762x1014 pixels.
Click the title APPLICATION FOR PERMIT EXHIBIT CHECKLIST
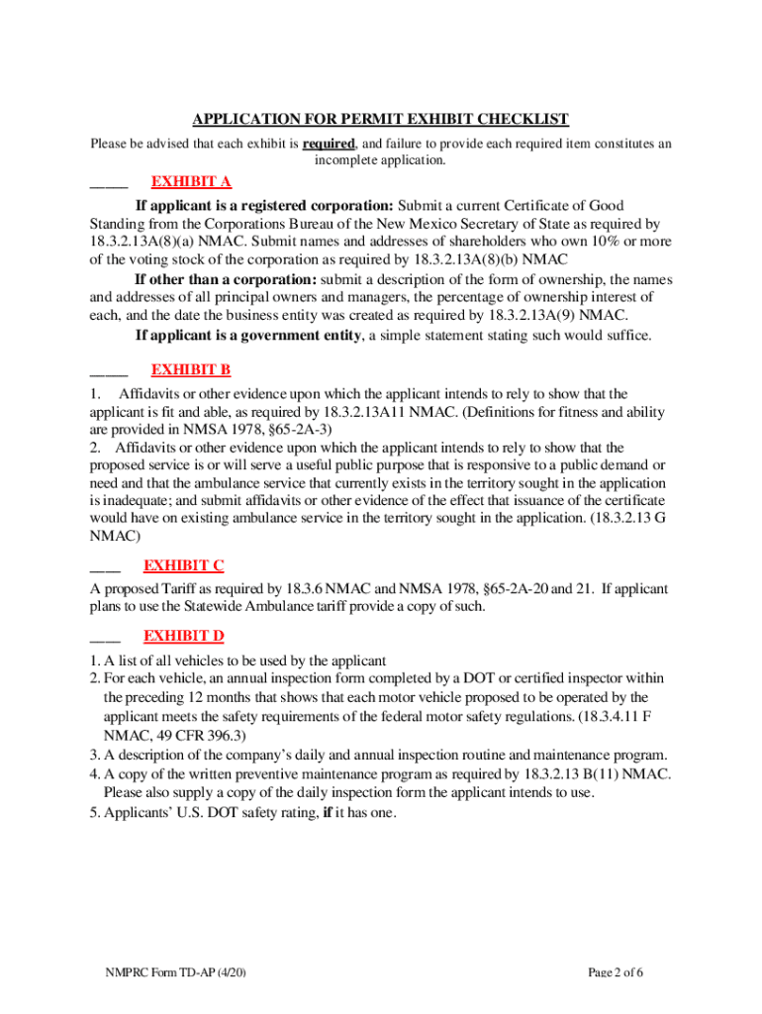[380, 120]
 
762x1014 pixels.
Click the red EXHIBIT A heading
[191, 181]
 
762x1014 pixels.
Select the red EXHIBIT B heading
[191, 369]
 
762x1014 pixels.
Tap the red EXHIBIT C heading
[183, 565]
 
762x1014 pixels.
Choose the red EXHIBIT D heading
[184, 635]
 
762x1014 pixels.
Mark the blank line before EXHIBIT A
[109, 185]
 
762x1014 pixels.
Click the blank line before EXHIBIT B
[109, 373]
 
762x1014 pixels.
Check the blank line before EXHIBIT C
[105, 569]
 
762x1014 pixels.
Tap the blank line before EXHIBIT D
[105, 639]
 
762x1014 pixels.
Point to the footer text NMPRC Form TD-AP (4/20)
[176, 1000]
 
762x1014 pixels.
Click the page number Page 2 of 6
[616, 1000]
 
